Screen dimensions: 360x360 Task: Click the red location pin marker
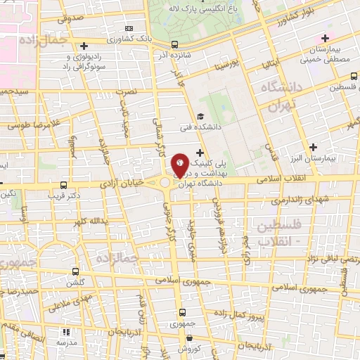click(x=180, y=165)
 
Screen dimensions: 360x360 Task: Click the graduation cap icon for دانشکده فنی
click(x=201, y=117)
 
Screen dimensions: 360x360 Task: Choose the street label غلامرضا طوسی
click(x=30, y=125)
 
